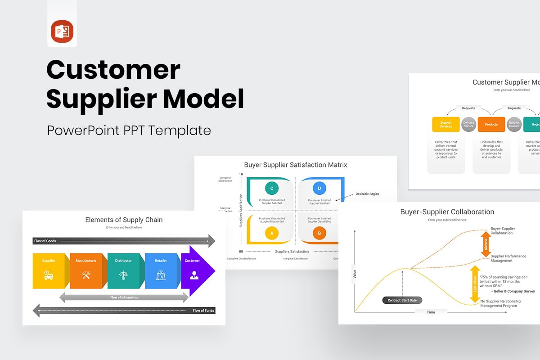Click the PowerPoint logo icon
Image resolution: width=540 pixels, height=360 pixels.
click(x=62, y=31)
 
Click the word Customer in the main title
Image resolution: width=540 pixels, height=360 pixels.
click(x=113, y=71)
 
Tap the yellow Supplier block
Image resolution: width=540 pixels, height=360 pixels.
click(x=49, y=270)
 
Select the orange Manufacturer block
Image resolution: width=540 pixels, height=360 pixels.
click(x=86, y=270)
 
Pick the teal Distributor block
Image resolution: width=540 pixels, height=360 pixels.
click(x=123, y=270)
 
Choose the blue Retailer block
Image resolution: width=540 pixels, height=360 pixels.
click(x=161, y=270)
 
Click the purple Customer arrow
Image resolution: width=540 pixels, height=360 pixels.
click(x=196, y=270)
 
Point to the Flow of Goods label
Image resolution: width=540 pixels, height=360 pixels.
click(x=45, y=241)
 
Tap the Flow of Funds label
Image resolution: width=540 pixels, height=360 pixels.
click(x=203, y=310)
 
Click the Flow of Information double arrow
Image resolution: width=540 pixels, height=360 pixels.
click(x=124, y=297)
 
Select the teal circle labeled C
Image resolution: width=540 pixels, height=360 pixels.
click(x=271, y=188)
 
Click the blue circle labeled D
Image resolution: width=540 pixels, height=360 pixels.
click(x=319, y=188)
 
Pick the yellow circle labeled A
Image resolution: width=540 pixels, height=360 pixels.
click(x=271, y=233)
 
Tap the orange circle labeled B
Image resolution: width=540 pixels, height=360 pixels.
click(x=319, y=233)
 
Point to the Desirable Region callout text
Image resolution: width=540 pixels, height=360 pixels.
click(x=367, y=194)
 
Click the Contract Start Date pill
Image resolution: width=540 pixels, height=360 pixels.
click(x=402, y=300)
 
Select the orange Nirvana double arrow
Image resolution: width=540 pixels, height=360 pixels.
click(x=486, y=244)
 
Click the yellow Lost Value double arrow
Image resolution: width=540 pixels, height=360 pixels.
click(x=474, y=284)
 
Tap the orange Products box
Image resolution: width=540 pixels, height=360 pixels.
click(x=491, y=124)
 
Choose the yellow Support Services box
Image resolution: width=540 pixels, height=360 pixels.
click(x=445, y=124)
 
